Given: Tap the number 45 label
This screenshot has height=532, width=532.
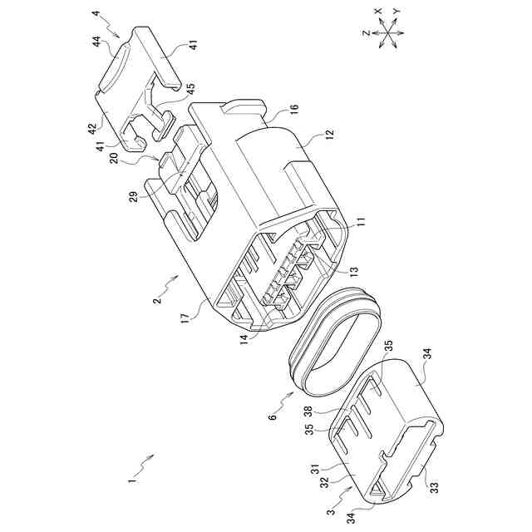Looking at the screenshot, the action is click(191, 89).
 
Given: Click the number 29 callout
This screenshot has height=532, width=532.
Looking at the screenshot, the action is click(133, 197).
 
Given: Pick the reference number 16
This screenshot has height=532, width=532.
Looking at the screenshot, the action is click(294, 109).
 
